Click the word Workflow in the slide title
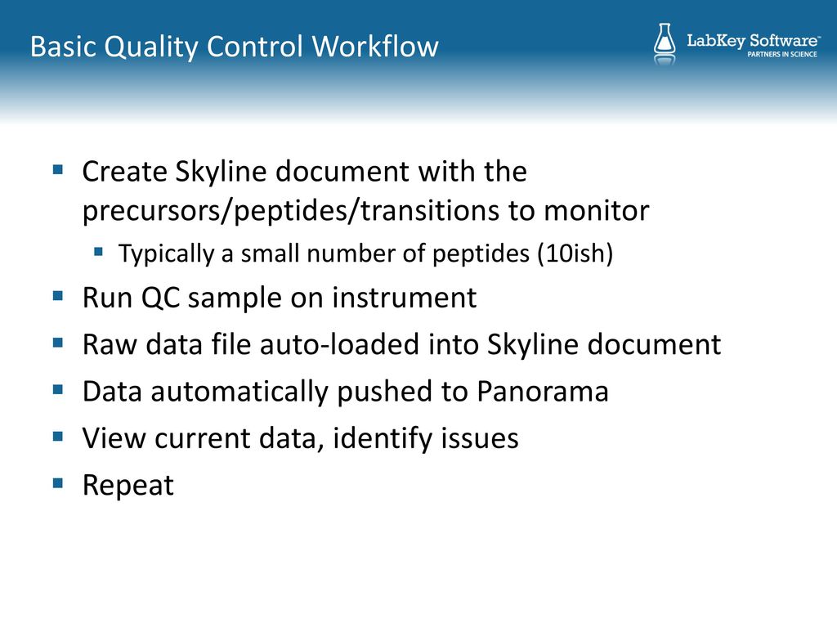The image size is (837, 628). (374, 46)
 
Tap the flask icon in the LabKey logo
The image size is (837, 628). (665, 44)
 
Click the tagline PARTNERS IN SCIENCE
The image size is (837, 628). (782, 54)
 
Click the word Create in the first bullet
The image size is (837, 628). (125, 172)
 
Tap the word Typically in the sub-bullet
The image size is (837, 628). (166, 253)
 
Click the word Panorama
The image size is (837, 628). (543, 392)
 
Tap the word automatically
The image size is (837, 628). (239, 392)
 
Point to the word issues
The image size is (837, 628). (480, 438)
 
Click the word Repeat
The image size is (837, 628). (128, 486)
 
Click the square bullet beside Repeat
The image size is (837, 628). (58, 483)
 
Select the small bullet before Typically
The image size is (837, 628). (98, 251)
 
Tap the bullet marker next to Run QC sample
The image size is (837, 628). (58, 295)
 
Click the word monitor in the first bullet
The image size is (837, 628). (596, 210)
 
